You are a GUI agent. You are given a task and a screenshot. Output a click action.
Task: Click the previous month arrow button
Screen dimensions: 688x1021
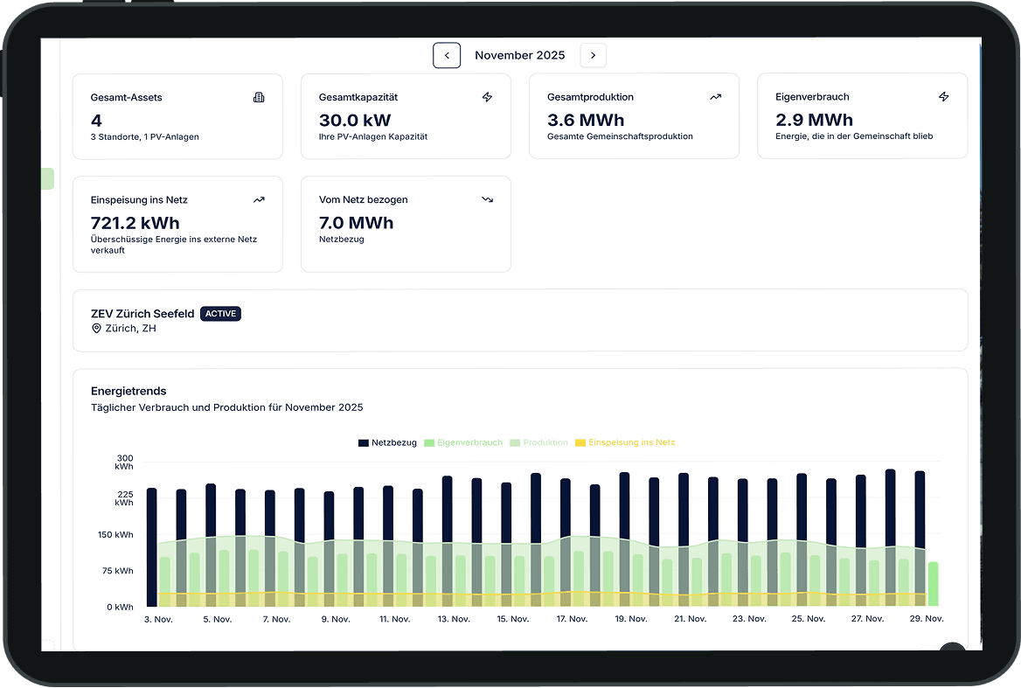pos(447,55)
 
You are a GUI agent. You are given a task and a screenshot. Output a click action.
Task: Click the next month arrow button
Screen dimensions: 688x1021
pos(593,55)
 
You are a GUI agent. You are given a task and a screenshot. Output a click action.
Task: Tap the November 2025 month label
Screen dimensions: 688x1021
pos(519,55)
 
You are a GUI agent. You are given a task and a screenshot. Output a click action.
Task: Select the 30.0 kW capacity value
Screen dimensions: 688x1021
pos(355,120)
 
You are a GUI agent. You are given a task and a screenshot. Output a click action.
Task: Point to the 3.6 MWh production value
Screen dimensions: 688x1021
pos(586,120)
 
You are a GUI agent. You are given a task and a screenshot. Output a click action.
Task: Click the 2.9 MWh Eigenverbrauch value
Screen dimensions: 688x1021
pos(814,120)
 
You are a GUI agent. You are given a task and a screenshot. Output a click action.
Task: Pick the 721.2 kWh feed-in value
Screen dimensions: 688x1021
pos(135,223)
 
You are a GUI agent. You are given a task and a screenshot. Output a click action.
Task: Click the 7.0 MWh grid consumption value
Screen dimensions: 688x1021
pos(356,223)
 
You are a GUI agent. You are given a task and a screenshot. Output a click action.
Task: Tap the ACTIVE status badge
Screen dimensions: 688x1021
pos(220,314)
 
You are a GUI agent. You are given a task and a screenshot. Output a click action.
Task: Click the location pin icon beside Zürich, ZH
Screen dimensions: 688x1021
pos(96,329)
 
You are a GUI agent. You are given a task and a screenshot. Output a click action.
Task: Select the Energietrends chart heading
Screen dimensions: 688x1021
pos(128,391)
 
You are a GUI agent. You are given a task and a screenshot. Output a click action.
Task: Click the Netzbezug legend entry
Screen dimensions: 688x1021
pos(387,442)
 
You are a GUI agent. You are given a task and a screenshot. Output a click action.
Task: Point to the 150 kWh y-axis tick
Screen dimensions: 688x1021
pos(115,535)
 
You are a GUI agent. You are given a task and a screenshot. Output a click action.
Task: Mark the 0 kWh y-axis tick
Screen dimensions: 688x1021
pos(121,607)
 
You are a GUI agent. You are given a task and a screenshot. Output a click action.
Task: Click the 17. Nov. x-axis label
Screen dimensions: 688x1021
pos(573,619)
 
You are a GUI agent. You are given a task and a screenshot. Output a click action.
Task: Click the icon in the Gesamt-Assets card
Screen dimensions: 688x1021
pos(259,97)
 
